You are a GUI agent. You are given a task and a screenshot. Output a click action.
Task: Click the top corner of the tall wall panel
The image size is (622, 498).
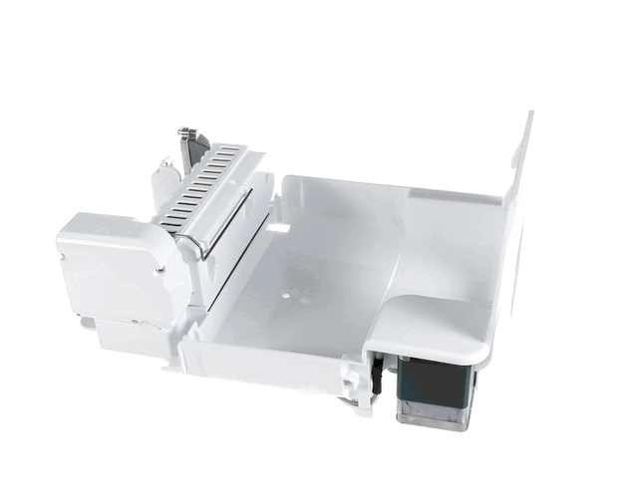click(528, 115)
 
